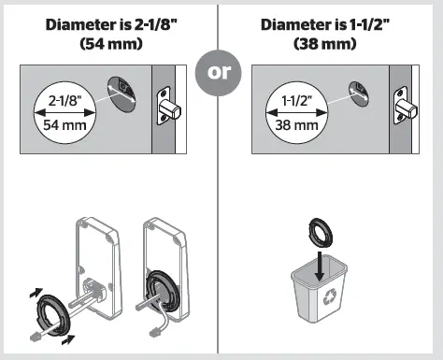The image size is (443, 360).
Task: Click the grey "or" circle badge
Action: click(x=217, y=75)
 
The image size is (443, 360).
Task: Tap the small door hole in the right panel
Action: click(x=356, y=91)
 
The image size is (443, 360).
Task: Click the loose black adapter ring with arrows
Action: click(x=47, y=313)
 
